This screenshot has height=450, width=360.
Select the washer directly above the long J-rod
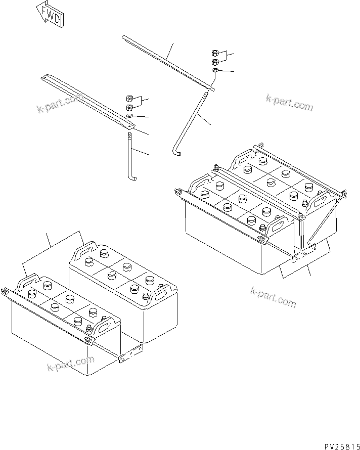click(x=215, y=71)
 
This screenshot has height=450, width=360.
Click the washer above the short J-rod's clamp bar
click(x=129, y=116)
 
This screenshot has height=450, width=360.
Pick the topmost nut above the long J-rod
click(x=215, y=53)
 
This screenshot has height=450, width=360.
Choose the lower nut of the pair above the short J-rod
click(x=129, y=107)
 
